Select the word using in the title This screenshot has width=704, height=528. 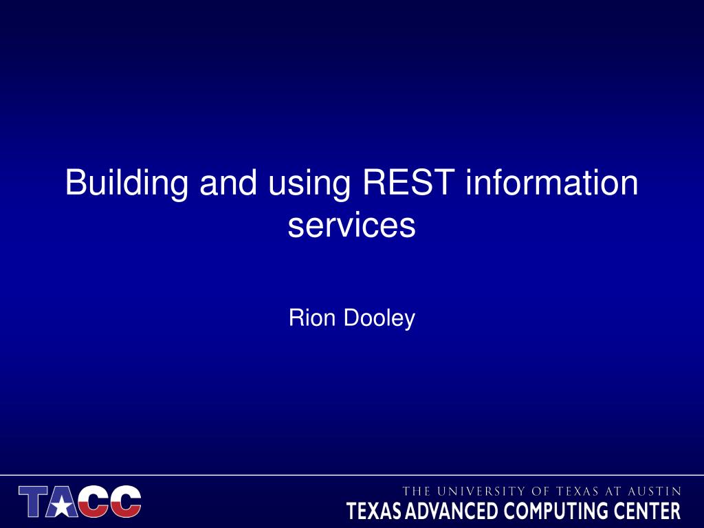[x=309, y=186]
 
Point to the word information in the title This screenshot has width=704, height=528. [x=552, y=182]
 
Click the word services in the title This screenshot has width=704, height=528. [x=351, y=225]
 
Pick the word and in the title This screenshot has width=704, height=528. [x=228, y=182]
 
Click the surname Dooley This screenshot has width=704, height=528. [x=379, y=319]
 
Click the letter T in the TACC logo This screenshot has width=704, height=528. [x=34, y=500]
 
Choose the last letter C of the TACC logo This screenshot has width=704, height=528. [x=126, y=501]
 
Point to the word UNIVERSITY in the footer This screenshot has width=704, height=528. [x=480, y=491]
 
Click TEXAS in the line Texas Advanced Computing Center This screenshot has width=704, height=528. [x=374, y=511]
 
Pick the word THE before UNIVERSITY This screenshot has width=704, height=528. [x=416, y=491]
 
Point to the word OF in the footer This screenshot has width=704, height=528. [x=540, y=491]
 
